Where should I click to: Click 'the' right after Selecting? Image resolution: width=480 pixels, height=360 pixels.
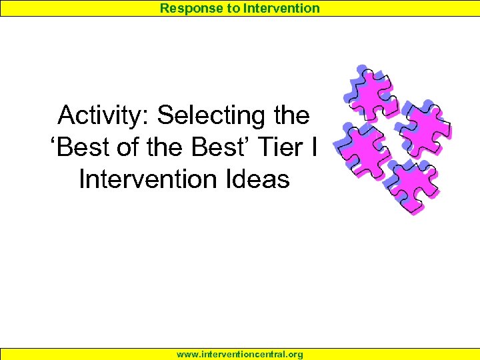pos(292,116)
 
